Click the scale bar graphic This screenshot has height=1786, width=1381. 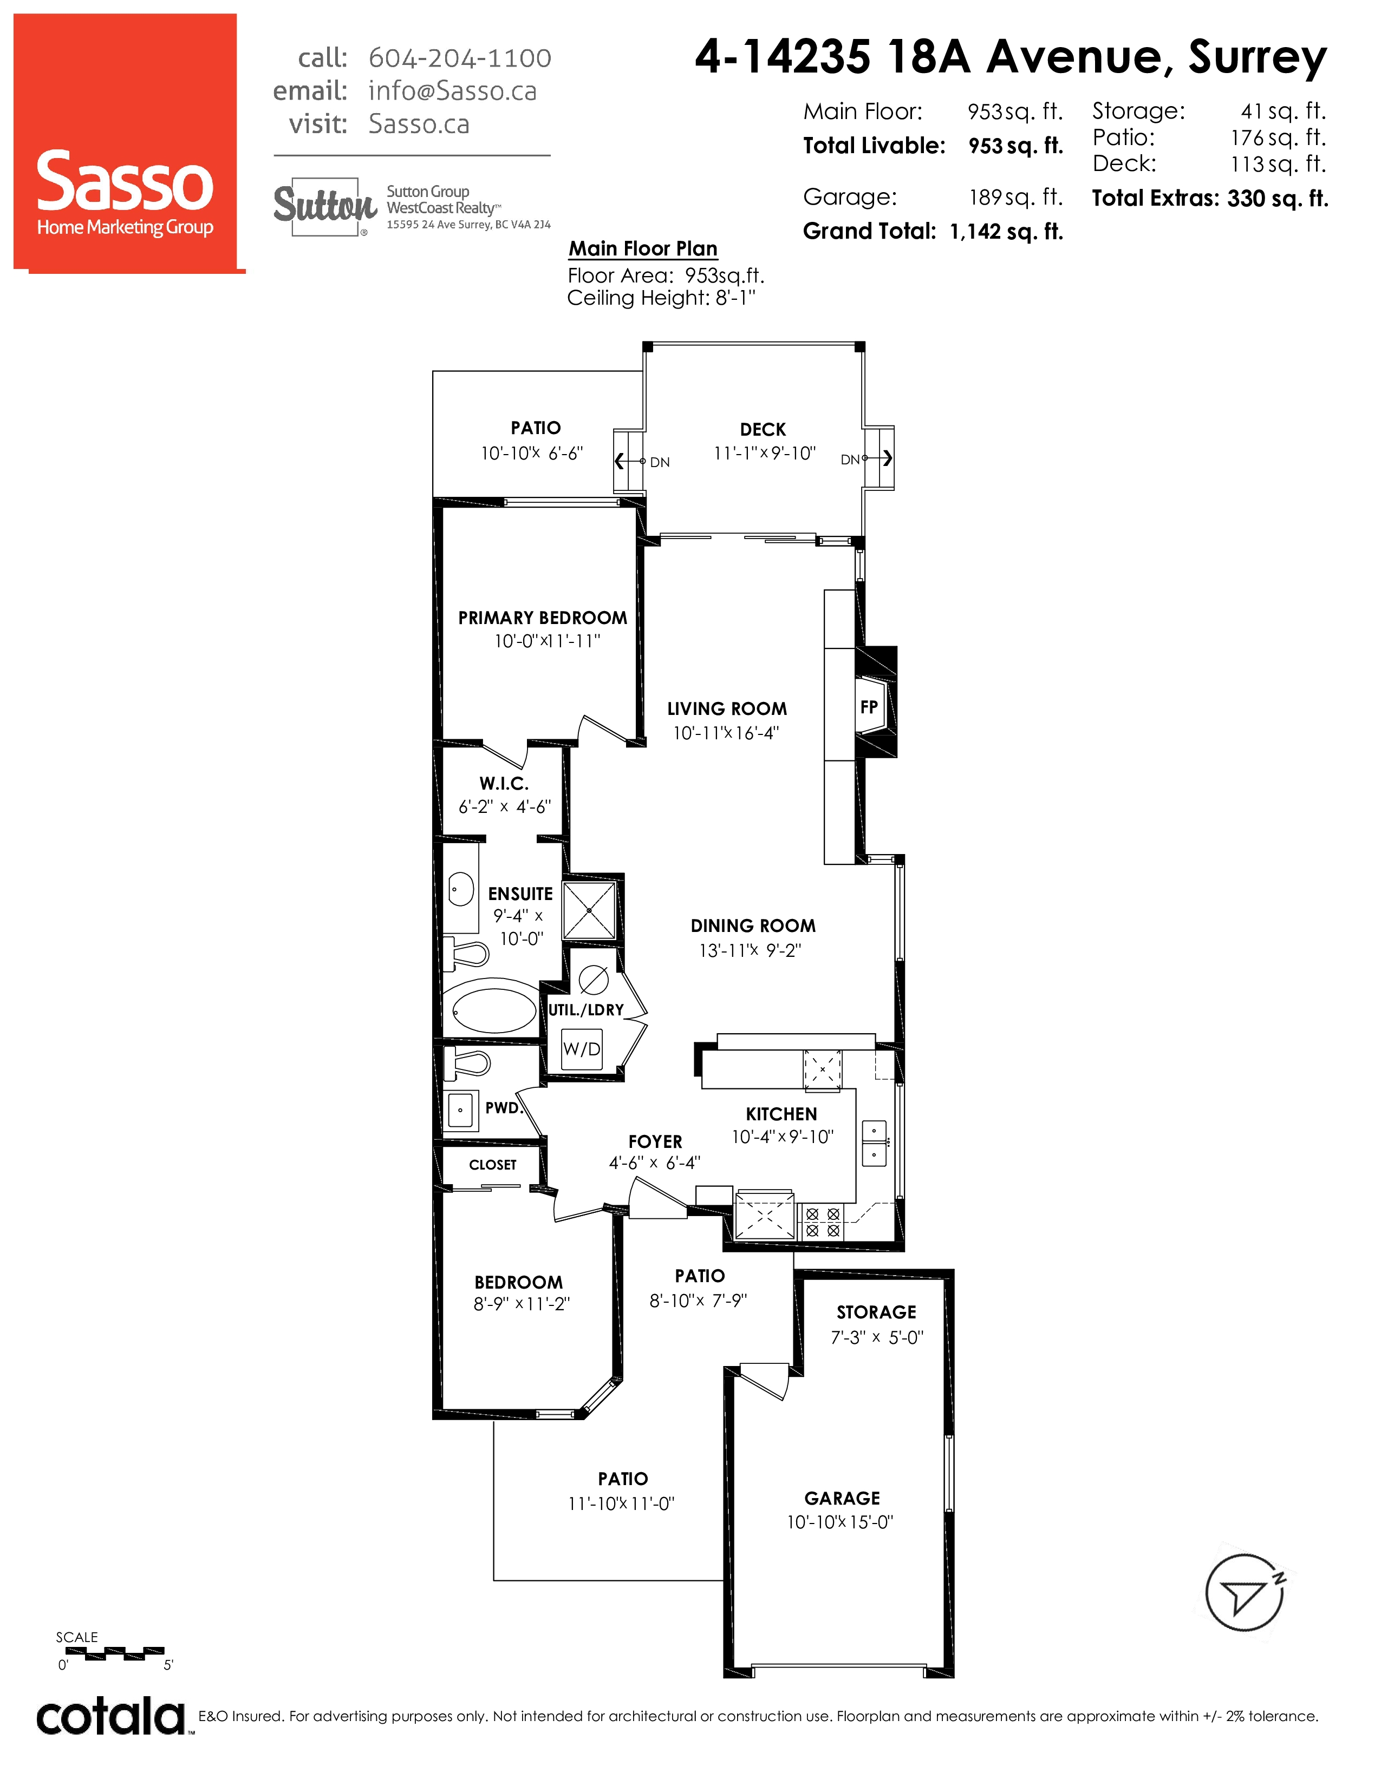(114, 1653)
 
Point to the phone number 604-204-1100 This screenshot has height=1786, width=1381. (460, 58)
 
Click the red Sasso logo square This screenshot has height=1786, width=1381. (126, 142)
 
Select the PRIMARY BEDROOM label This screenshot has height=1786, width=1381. (543, 618)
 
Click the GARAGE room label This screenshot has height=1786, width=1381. (842, 1498)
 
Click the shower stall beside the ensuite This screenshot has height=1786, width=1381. (589, 910)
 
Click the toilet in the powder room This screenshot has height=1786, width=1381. (466, 1063)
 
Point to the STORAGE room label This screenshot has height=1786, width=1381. (876, 1312)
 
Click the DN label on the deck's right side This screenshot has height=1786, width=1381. (850, 459)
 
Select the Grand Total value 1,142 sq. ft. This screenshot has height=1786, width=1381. (1006, 232)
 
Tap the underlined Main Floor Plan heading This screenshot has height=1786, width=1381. (643, 248)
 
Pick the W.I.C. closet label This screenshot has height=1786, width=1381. (504, 784)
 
